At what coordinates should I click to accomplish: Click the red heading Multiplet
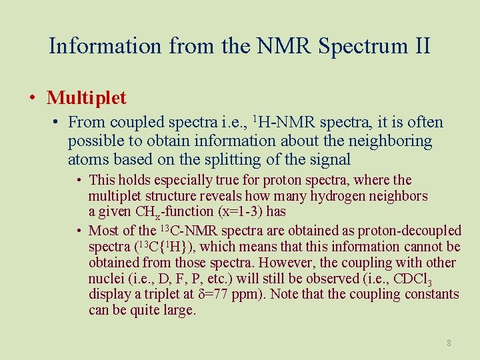(86, 98)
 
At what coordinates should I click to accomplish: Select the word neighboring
(393, 141)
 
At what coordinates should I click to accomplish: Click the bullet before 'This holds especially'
(79, 181)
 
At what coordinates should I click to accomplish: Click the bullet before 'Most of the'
(79, 231)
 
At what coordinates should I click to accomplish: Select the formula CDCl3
(437, 279)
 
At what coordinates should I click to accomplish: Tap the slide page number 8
(449, 343)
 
